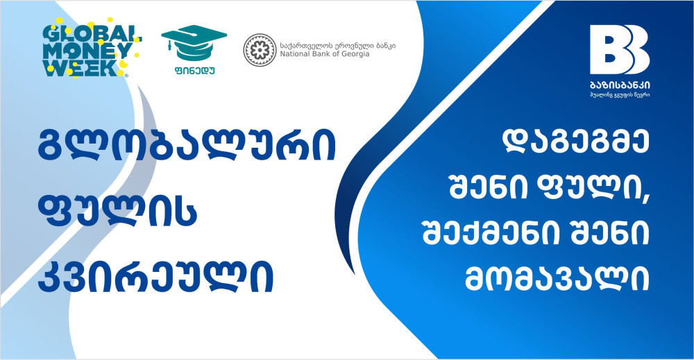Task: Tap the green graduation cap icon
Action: click(x=194, y=43)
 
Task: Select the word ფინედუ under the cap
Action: click(x=194, y=70)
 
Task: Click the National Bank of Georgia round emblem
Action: click(x=260, y=50)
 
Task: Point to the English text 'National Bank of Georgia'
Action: click(x=324, y=54)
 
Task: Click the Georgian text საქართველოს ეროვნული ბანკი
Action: click(x=338, y=46)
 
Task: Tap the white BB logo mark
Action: click(x=620, y=49)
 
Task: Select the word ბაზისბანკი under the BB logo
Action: click(x=620, y=85)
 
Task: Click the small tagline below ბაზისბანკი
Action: click(x=620, y=94)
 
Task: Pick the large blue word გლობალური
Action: click(x=186, y=146)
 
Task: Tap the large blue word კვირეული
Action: click(x=155, y=277)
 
